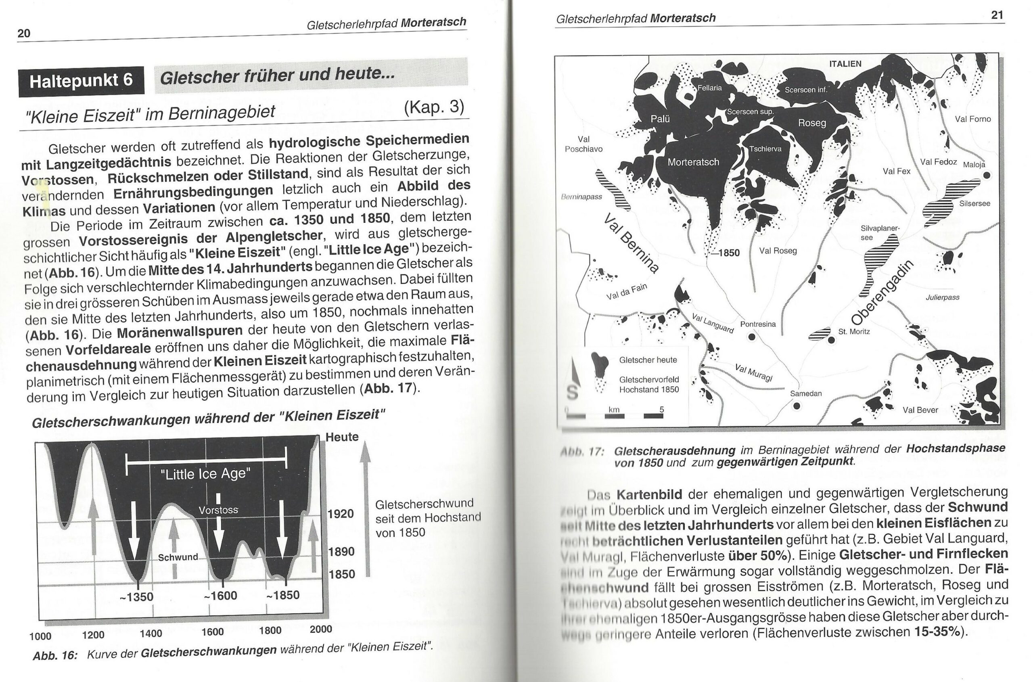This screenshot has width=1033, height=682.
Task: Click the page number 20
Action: coord(24,33)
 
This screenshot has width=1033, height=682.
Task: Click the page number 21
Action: coord(997,15)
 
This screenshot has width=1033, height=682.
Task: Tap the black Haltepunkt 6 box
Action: coord(82,81)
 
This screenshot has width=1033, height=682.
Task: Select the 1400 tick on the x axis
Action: coord(151,633)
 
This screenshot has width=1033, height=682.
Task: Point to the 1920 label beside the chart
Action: coord(341,514)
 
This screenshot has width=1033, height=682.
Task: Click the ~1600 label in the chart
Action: coord(220,596)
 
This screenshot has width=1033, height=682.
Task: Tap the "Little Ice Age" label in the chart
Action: coord(205,474)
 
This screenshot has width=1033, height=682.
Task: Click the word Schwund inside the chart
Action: coord(178,557)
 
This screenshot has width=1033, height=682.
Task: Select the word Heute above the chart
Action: coord(342,437)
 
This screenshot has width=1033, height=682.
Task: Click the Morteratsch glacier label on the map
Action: coord(693,162)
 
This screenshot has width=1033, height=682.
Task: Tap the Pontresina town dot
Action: coord(752,337)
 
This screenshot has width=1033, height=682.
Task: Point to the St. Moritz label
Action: coord(854,331)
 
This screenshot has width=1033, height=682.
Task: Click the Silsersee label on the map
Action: coord(975,203)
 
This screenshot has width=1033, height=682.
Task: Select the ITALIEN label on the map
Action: coord(845,64)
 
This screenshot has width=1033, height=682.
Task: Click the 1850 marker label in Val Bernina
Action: coord(728,253)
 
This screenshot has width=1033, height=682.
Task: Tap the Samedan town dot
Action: coord(797,406)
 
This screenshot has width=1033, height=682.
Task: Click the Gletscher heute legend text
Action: coord(648,360)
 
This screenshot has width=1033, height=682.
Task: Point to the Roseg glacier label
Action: coord(811,123)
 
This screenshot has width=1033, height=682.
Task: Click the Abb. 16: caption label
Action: coord(55,655)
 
